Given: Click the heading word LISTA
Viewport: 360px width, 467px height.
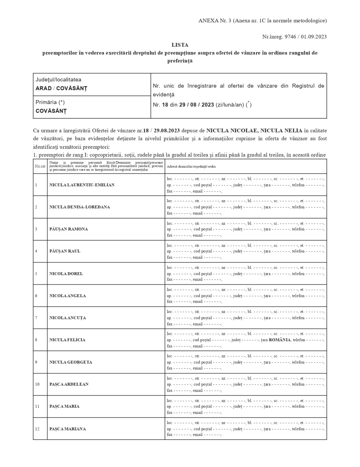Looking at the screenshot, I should tap(180, 45).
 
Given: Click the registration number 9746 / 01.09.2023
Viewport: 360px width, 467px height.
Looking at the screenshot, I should tap(305, 37).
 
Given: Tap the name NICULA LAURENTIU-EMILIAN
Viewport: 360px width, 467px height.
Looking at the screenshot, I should tap(82, 185).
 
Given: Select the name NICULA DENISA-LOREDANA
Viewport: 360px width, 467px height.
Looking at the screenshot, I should tap(79, 207).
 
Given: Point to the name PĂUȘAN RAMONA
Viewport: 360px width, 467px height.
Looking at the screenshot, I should tap(68, 229).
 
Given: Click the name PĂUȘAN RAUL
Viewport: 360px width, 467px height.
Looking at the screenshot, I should tap(65, 251).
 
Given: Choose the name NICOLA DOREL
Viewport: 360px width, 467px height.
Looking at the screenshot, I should tap(66, 274).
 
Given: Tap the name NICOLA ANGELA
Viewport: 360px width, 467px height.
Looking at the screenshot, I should tap(67, 296).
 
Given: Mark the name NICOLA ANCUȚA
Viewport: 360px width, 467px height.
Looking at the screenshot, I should tap(67, 318).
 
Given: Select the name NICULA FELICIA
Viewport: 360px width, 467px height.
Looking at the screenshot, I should tap(67, 340).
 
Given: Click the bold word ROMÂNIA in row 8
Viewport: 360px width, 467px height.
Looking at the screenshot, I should tap(280, 340).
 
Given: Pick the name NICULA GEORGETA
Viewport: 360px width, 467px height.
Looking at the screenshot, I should tap(70, 362).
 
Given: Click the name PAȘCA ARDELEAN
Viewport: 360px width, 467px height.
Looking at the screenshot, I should tap(69, 384).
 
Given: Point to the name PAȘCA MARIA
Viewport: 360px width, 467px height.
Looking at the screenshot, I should tap(64, 406).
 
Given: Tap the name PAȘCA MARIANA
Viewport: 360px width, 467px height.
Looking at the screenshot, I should tap(67, 429).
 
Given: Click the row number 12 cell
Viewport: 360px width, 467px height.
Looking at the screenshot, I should tap(37, 429).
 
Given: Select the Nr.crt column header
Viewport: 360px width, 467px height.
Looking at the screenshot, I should tap(40, 166).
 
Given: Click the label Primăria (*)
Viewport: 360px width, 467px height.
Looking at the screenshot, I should tap(50, 102).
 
